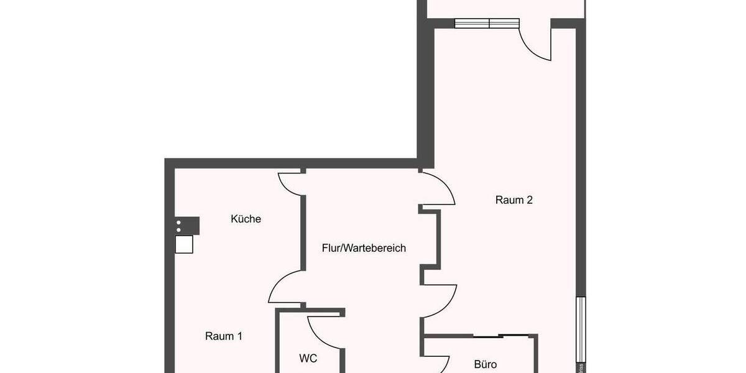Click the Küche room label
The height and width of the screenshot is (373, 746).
pos(246,219)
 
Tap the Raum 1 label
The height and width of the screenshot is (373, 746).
pos(224,336)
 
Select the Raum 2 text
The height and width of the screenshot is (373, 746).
pos(514,200)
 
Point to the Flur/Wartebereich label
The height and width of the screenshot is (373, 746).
pos(364,248)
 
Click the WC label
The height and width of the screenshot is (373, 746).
pos(308,359)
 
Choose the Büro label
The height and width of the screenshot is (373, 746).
pos(486,364)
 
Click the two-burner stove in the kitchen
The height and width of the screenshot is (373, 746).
pos(186,225)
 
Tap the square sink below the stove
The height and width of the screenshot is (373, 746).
pos(184,244)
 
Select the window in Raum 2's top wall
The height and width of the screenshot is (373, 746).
pos(487,24)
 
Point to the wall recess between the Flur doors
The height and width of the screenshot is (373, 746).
pos(431,239)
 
